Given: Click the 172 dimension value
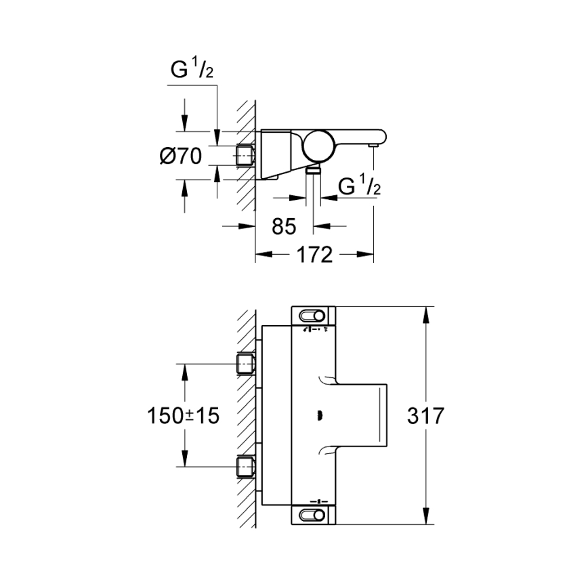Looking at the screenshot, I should click(x=314, y=255).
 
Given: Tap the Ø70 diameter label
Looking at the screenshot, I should click(x=181, y=156).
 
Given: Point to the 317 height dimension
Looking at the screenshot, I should click(x=426, y=415).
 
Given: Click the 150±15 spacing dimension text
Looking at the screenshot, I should click(x=184, y=415).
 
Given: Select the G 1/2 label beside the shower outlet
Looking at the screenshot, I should click(x=358, y=186).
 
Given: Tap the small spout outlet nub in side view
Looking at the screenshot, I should click(x=372, y=144).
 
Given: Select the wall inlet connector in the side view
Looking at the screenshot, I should click(x=245, y=156).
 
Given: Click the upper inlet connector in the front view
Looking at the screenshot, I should click(x=245, y=364).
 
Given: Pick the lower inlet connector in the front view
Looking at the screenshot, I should click(x=245, y=467).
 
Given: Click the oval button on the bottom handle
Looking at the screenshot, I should click(x=313, y=516).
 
